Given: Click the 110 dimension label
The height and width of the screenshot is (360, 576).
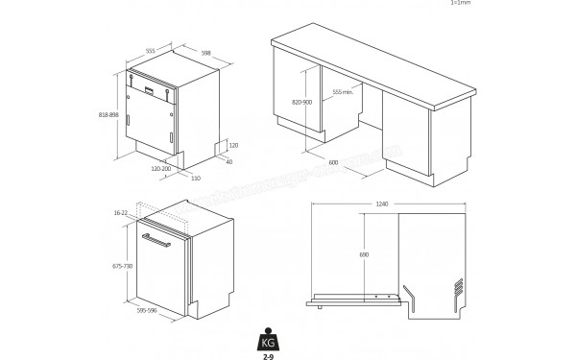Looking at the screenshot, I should pyautogui.click(x=195, y=178).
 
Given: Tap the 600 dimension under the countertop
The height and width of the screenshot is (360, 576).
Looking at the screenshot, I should pyautogui.click(x=332, y=162).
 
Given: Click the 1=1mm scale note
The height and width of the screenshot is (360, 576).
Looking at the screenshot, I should pyautogui.click(x=461, y=4).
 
